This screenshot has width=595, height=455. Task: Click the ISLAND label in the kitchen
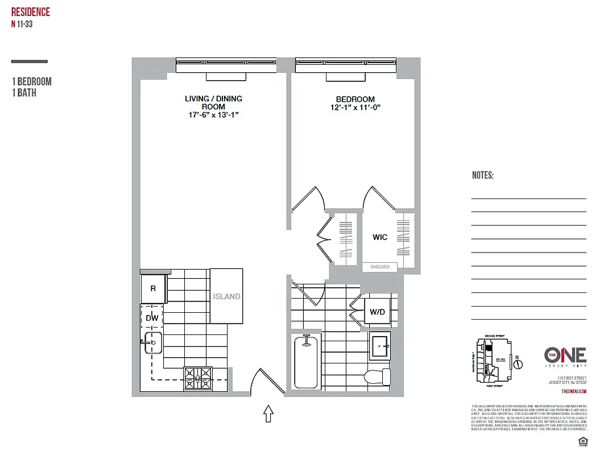point(226,296)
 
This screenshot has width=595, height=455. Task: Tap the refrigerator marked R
point(153,289)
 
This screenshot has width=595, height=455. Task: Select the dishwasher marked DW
point(152,318)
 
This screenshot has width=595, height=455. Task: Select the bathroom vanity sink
point(380,346)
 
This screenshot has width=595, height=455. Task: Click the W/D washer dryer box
point(377,311)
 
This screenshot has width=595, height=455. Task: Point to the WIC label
point(380,237)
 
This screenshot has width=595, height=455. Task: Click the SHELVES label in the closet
point(379,267)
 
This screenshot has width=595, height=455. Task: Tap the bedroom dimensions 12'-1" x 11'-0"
point(355,107)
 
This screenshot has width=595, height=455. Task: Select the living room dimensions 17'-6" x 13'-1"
point(213,114)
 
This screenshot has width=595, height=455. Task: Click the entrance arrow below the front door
point(268,414)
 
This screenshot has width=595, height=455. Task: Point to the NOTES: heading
point(482,176)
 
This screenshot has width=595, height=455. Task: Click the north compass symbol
point(518,362)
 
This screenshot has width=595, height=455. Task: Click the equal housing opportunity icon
point(582,441)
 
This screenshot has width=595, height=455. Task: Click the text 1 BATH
point(24,93)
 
